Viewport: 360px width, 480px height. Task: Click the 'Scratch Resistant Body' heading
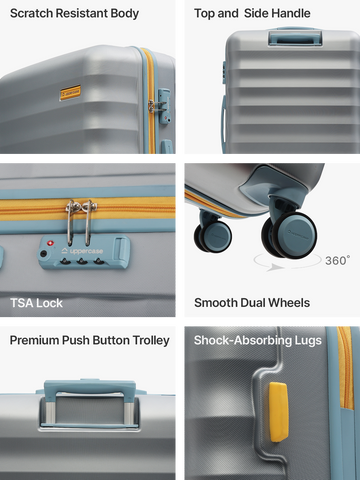pyautogui.click(x=74, y=14)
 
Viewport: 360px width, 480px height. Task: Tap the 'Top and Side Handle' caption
pyautogui.click(x=252, y=13)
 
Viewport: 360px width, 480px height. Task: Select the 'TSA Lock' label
pyautogui.click(x=36, y=303)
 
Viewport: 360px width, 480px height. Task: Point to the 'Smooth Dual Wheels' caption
pyautogui.click(x=252, y=303)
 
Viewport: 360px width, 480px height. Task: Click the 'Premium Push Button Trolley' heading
pyautogui.click(x=90, y=340)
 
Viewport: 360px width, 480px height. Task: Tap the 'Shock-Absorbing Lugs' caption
pyautogui.click(x=258, y=340)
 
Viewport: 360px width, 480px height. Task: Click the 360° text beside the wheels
pyautogui.click(x=337, y=260)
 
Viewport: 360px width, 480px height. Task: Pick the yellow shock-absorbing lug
pyautogui.click(x=278, y=412)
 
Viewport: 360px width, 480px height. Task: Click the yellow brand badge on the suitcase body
pyautogui.click(x=70, y=92)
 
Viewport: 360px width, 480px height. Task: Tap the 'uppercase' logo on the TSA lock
pyautogui.click(x=82, y=251)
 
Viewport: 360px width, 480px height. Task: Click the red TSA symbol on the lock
pyautogui.click(x=50, y=243)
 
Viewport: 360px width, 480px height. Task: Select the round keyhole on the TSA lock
pyautogui.click(x=43, y=254)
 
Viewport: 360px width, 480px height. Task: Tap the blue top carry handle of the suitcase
pyautogui.click(x=295, y=37)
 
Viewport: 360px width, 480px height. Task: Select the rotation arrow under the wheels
pyautogui.click(x=287, y=263)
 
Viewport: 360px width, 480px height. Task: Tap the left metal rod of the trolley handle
pyautogui.click(x=50, y=413)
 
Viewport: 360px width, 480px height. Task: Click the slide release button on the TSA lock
pyautogui.click(x=119, y=248)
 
